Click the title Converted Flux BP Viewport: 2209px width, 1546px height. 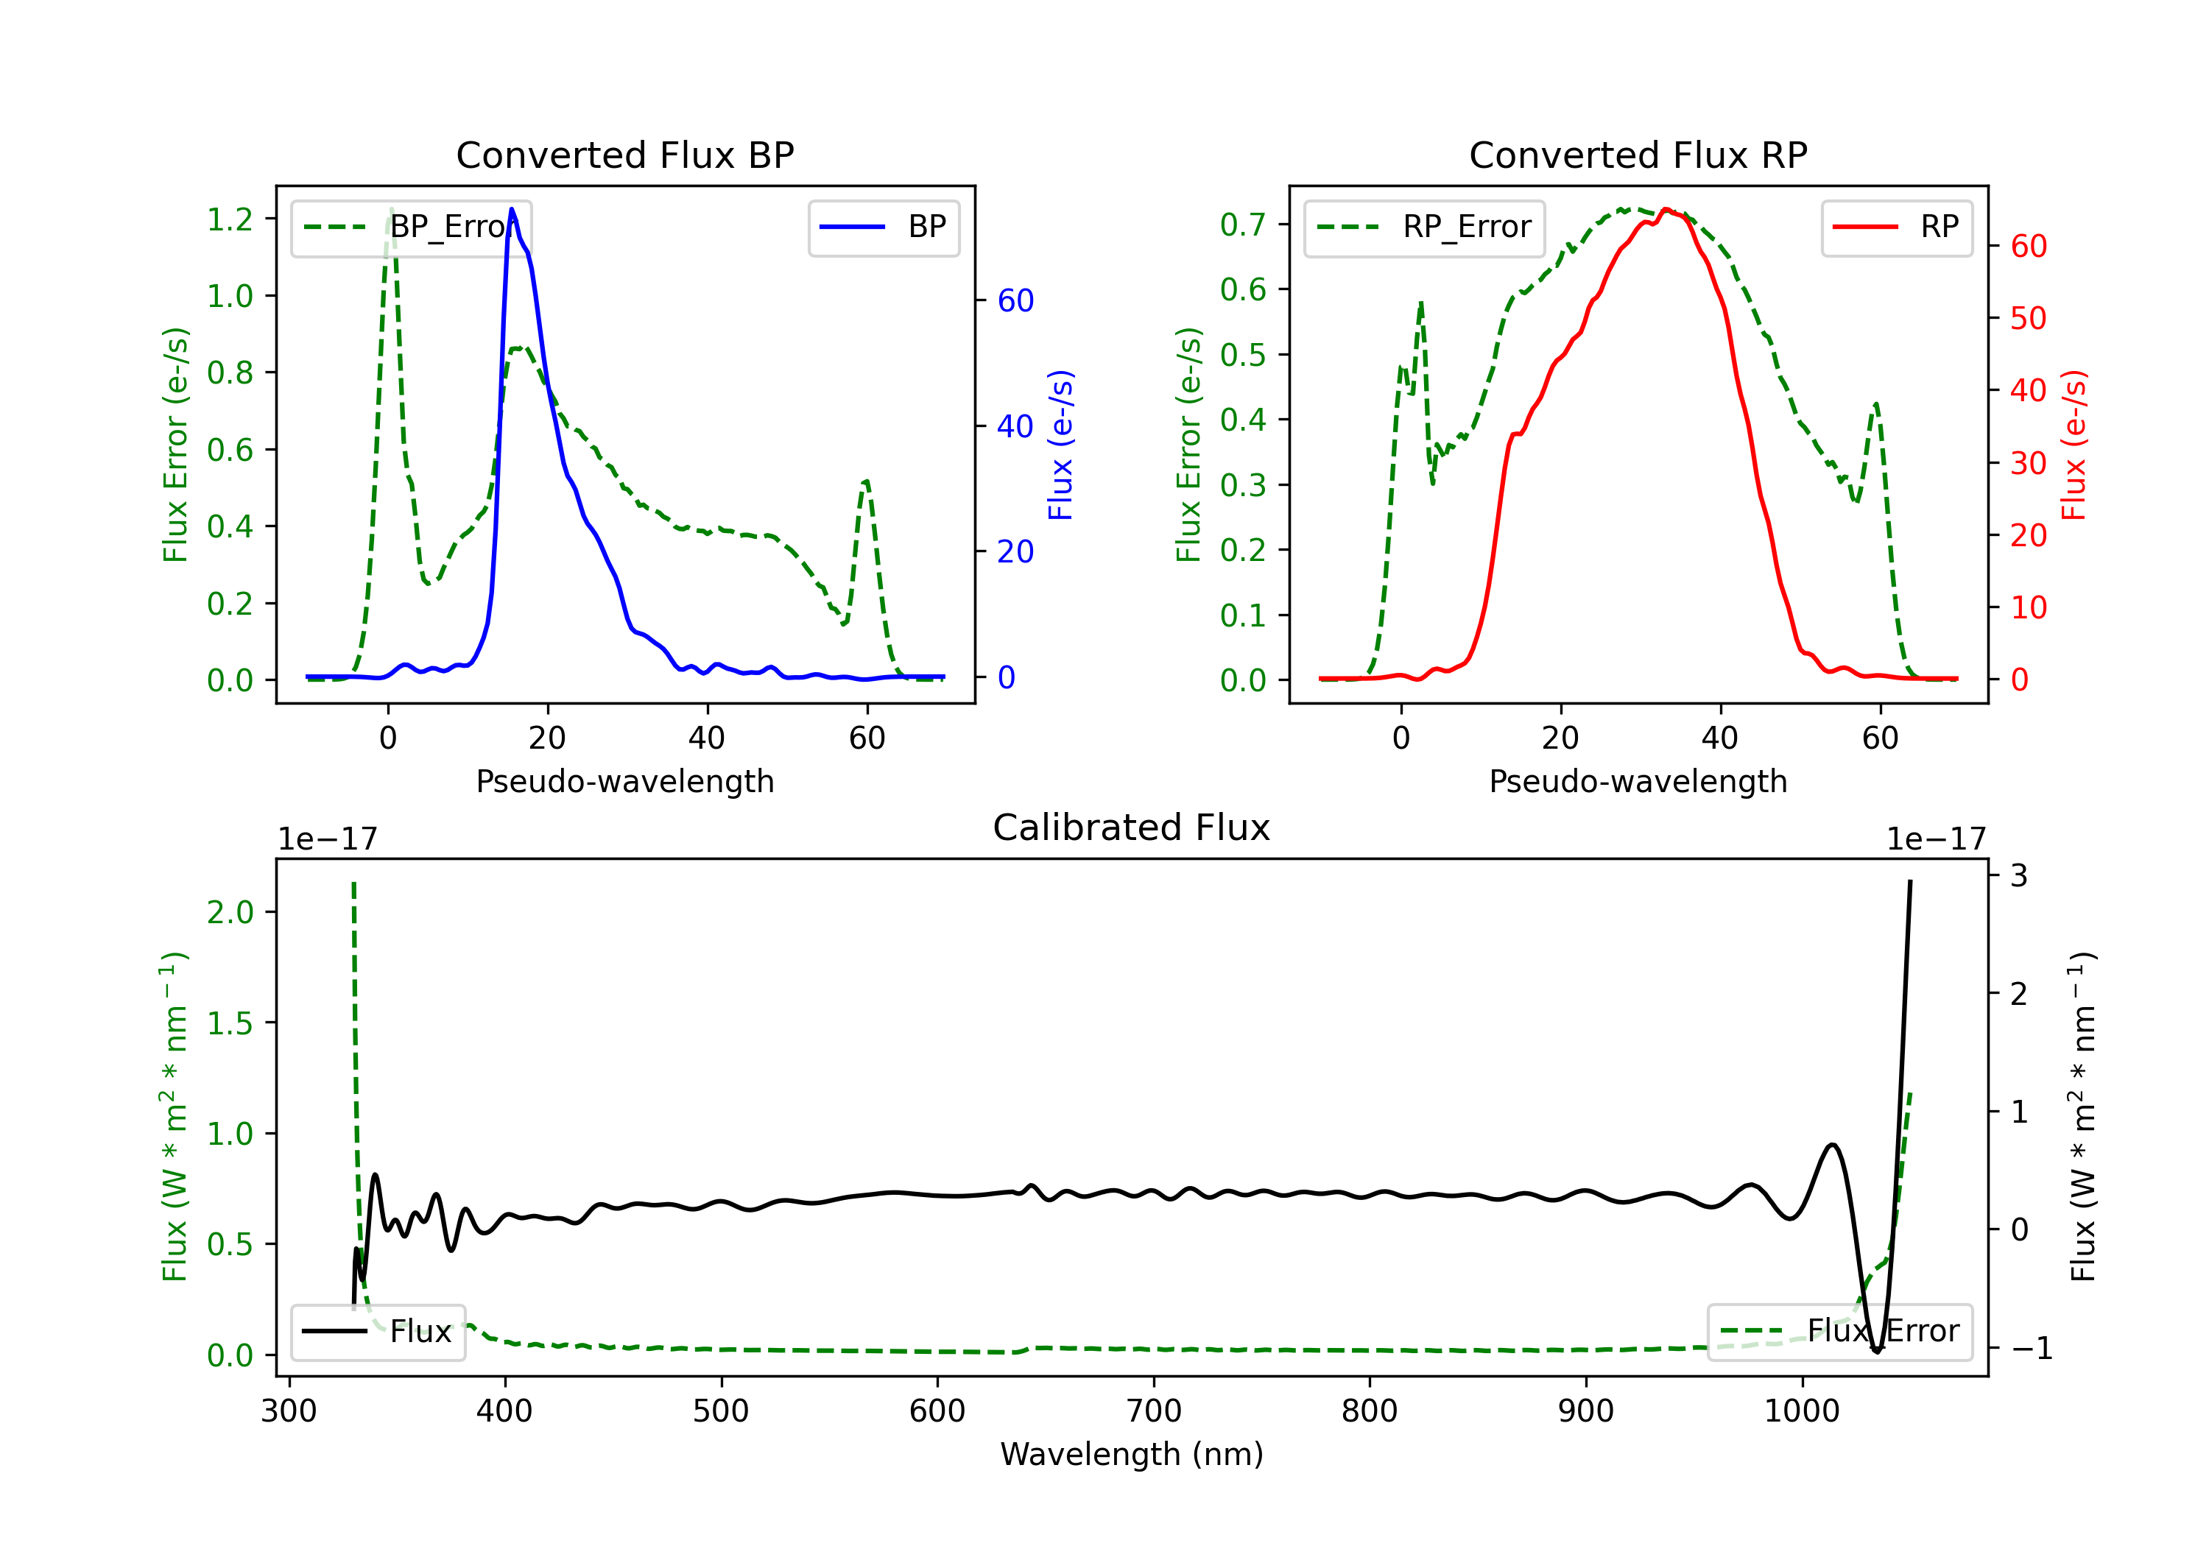(x=624, y=155)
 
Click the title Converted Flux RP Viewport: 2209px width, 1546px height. (x=1638, y=155)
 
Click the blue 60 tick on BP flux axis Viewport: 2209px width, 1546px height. (x=1015, y=301)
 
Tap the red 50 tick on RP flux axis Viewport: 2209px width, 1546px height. (x=2028, y=319)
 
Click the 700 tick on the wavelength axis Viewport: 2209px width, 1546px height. (x=1154, y=1411)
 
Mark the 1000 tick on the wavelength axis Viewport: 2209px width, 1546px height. (x=1801, y=1411)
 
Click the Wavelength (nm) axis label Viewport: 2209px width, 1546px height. (x=1132, y=1455)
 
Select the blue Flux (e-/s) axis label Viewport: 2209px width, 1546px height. (x=1060, y=445)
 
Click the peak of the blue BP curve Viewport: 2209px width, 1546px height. (x=512, y=209)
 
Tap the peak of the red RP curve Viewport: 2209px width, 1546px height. (x=1666, y=209)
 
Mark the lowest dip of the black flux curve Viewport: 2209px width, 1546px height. (x=1876, y=1352)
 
